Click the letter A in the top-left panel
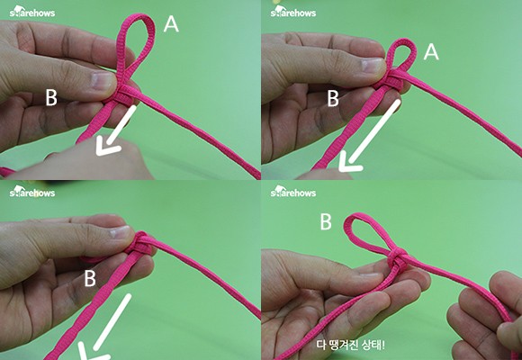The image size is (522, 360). pos(171,24)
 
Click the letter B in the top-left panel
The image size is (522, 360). pos(51,98)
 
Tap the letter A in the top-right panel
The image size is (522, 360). pos(431,52)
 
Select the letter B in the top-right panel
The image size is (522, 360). pos(333,99)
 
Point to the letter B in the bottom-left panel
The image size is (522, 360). pos(90,278)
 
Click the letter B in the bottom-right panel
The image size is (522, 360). pos(326,221)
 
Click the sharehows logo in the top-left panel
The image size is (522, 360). pos(32,12)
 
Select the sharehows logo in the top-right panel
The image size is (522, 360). pos(293,12)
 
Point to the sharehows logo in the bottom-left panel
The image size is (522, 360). pos(32,192)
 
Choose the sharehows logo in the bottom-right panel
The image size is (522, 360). pos(293,192)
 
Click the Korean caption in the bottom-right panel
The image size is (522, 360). pos(351,345)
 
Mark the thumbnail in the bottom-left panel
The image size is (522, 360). pos(120,232)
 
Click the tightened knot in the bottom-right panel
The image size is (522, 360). pos(398,258)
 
